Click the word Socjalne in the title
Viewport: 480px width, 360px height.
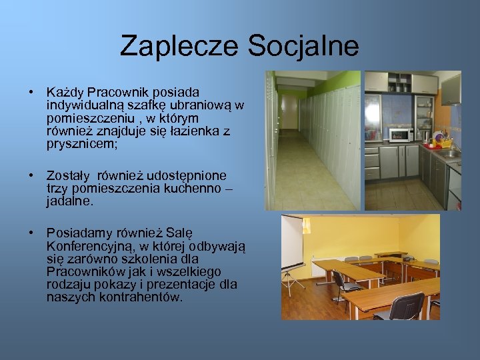(x=304, y=47)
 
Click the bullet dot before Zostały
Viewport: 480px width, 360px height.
(x=31, y=176)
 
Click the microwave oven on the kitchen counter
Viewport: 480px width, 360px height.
(x=401, y=135)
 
